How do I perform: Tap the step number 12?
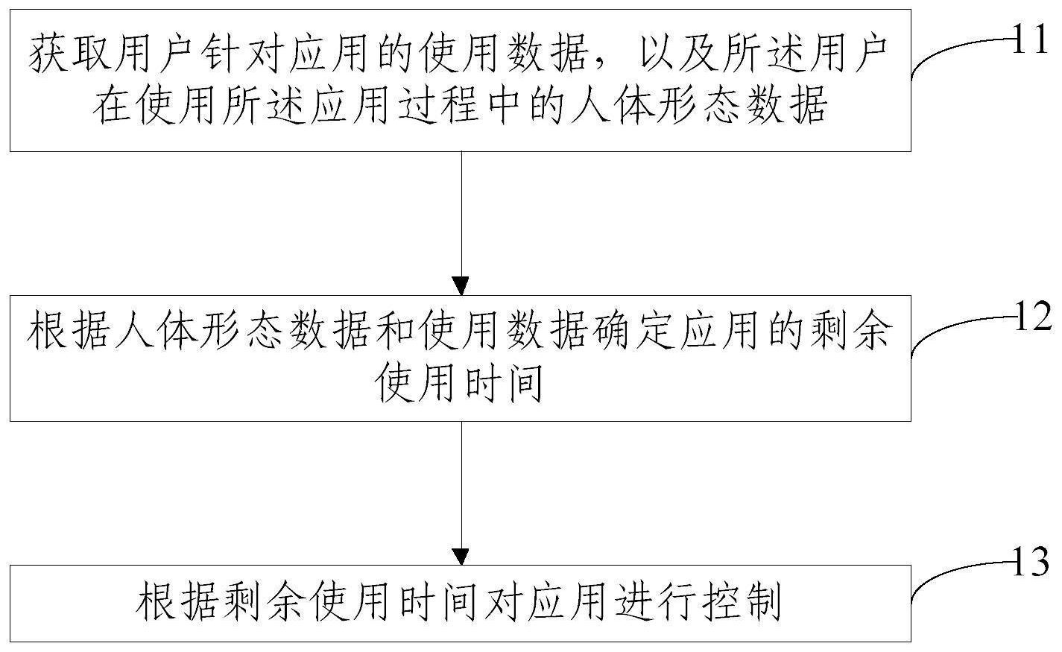coord(1034,317)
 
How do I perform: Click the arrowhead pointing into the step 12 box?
coord(461,285)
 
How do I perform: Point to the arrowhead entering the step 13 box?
coord(461,556)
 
